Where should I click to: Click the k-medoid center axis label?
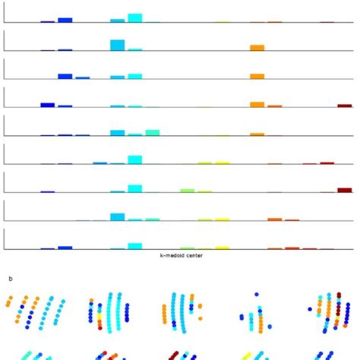[x=179, y=255]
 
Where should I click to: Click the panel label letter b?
[x=11, y=279]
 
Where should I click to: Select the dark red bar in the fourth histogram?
[x=345, y=106]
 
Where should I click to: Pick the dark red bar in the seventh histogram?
[x=345, y=190]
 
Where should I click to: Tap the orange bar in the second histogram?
[x=257, y=47]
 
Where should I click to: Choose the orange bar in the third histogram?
[x=257, y=76]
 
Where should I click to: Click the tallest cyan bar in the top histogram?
[x=135, y=17]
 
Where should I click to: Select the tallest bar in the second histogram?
[x=117, y=45]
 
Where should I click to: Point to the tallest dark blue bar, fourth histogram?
[x=47, y=105]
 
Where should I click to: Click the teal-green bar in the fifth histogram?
[x=153, y=132]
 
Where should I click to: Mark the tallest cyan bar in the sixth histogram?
[x=135, y=159]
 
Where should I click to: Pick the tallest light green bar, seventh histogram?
[x=187, y=190]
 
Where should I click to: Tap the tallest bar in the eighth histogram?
[x=117, y=216]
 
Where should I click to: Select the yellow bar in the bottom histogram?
[x=222, y=247]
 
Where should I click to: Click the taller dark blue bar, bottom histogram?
[x=65, y=247]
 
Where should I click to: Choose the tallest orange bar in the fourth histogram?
[x=257, y=104]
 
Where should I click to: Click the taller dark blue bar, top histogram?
[x=65, y=20]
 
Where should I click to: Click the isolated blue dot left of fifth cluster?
[x=310, y=309]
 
